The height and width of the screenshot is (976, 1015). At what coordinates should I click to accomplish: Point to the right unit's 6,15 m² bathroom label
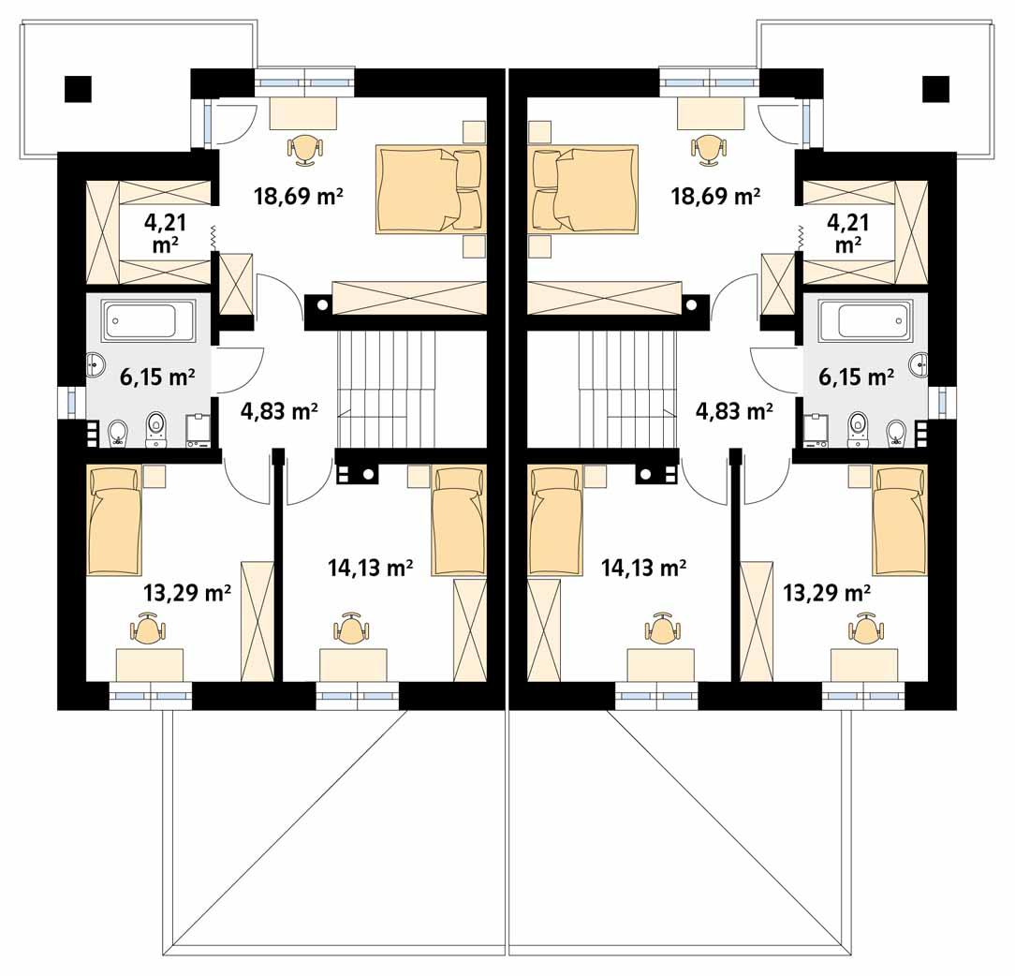pos(856,377)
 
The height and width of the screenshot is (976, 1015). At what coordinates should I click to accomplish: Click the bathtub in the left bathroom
pos(148,320)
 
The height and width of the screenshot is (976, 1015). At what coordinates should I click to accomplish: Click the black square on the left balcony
pos(79,88)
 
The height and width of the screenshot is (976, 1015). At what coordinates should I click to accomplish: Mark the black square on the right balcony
pos(935,88)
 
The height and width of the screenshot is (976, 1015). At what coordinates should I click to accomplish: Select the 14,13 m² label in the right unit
pos(644,567)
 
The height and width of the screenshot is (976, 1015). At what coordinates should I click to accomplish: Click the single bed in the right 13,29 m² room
pos(900,522)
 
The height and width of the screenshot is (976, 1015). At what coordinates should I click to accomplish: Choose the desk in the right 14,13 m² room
pos(660,665)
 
